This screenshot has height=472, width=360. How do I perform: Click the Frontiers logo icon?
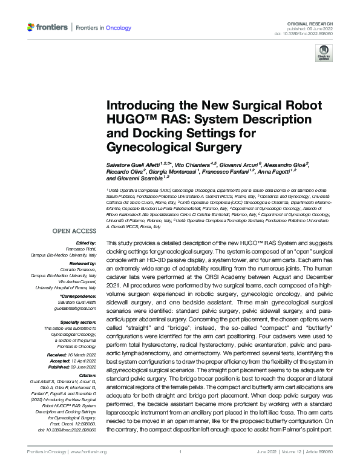click(x=31, y=27)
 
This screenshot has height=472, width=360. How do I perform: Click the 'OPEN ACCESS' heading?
click(x=74, y=232)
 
